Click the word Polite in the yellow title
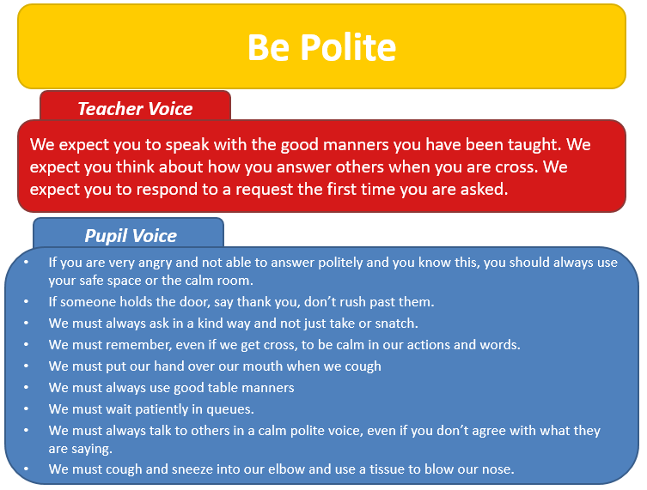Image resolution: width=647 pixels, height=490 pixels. pos(348,47)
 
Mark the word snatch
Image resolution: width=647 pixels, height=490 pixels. pos(396,324)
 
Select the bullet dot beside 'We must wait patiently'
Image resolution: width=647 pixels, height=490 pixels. pos(27,409)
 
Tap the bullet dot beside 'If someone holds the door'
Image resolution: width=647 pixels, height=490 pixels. pos(27,302)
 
